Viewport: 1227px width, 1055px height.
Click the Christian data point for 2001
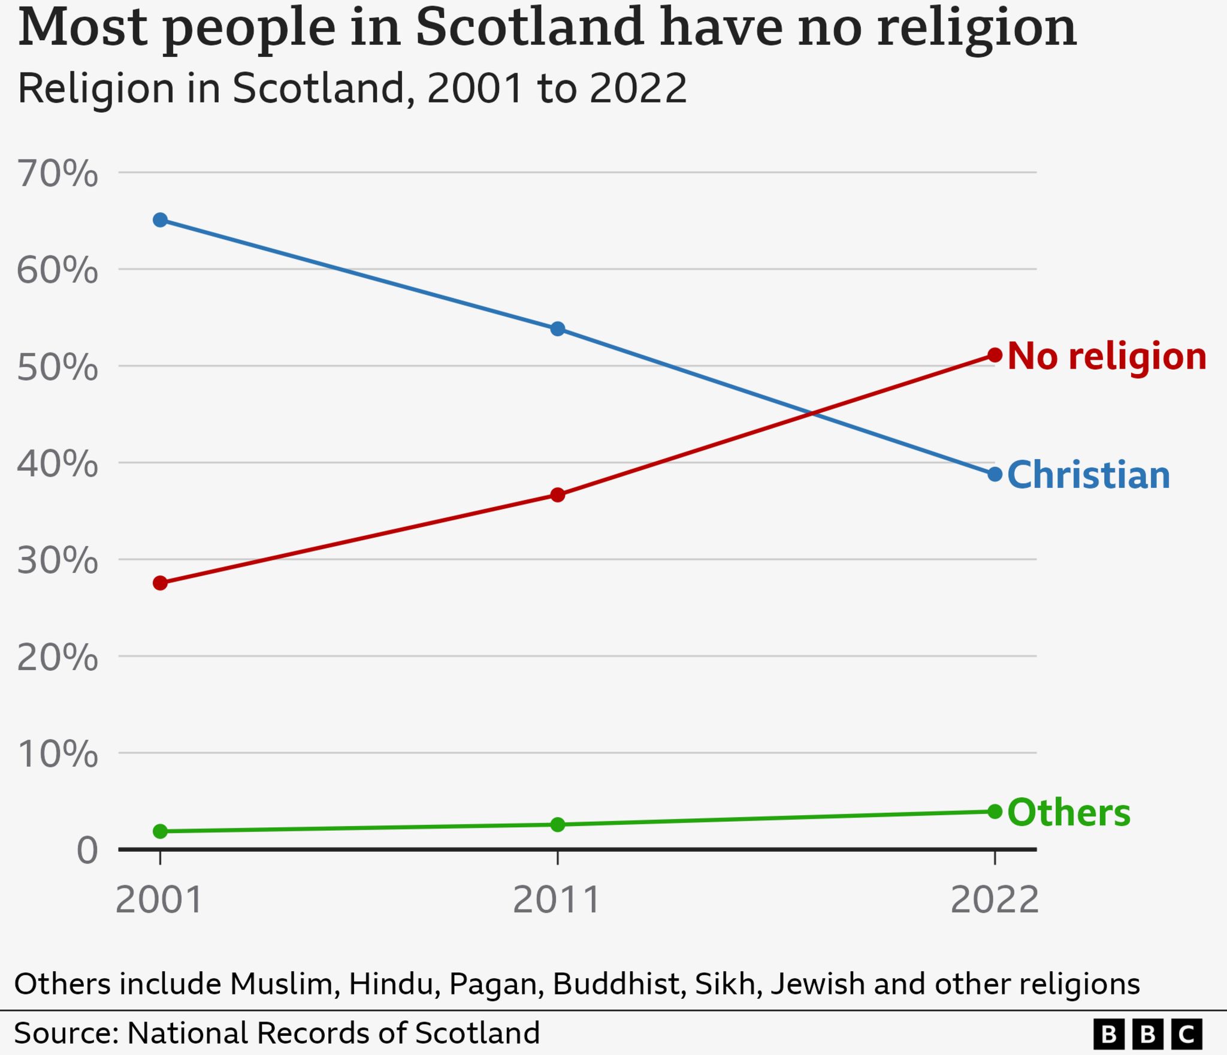point(160,220)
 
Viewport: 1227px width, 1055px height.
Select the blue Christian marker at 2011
point(557,328)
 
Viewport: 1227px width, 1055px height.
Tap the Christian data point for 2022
point(995,474)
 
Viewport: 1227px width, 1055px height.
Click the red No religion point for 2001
point(160,583)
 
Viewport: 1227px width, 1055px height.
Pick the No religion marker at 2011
point(557,495)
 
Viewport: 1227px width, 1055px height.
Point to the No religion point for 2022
point(995,355)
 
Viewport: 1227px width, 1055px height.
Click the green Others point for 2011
point(557,824)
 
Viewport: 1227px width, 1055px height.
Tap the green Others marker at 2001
point(160,831)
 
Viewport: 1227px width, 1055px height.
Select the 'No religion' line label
point(1107,357)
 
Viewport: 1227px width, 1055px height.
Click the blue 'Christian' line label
point(1088,475)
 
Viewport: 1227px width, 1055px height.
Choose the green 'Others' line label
point(1069,813)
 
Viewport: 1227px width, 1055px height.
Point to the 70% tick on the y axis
point(57,174)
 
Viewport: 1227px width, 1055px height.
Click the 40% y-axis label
point(57,464)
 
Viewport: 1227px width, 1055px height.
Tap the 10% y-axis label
point(57,754)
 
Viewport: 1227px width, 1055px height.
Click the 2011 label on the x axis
point(557,900)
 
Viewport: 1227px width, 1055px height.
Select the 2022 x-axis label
point(995,900)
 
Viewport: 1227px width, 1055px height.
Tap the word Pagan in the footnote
point(496,984)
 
